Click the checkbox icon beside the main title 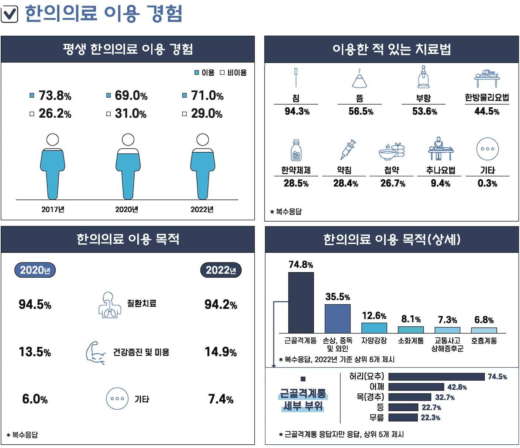10,14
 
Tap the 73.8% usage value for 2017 55,95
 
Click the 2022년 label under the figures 202,209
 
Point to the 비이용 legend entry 233,73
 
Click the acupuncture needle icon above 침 296,77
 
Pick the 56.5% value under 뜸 361,111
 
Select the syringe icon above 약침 348,149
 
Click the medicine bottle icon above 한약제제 296,150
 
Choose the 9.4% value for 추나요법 440,183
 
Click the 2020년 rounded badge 35,270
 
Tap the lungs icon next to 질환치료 109,305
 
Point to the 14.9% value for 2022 221,352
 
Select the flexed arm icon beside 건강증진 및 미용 96,353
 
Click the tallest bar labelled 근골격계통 301,302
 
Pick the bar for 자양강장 374,328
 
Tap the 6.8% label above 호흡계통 484,320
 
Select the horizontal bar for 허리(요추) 436,376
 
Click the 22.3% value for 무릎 430,418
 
